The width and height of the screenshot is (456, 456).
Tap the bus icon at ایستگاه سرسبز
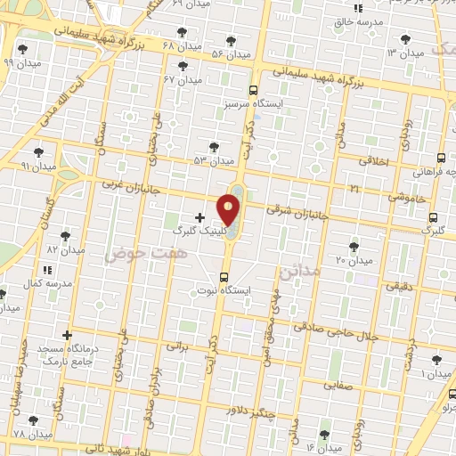[254, 90]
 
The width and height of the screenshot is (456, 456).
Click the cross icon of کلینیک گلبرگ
[199, 216]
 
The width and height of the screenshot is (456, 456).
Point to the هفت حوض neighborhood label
[135, 254]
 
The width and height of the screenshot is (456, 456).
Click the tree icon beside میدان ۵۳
[213, 147]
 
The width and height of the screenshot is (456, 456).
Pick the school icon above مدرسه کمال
[46, 268]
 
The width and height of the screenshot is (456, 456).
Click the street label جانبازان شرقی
[298, 213]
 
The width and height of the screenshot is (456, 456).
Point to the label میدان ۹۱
[38, 166]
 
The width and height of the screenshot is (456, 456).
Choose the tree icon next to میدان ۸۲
[65, 236]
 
